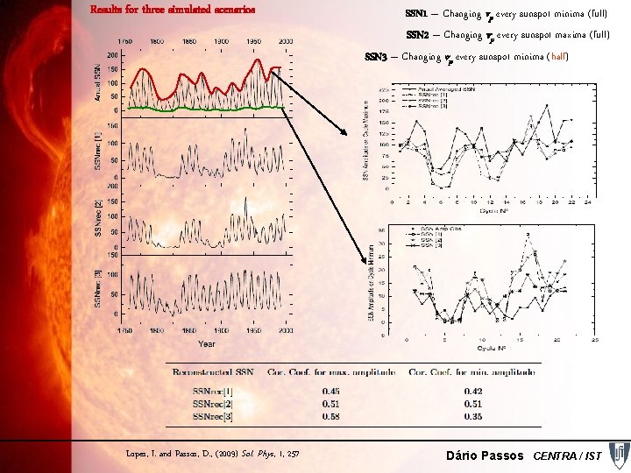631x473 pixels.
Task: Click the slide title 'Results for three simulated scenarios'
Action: (173, 11)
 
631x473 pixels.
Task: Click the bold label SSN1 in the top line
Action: (416, 14)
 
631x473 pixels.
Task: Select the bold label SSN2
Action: (416, 36)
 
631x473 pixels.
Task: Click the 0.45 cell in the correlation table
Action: (332, 391)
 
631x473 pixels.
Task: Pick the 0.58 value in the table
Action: (332, 415)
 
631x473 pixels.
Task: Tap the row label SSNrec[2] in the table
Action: (214, 403)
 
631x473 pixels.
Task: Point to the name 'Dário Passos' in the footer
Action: (486, 455)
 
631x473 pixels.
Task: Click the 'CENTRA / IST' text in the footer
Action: (567, 455)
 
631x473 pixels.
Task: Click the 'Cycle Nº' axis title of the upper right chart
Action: (492, 210)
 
